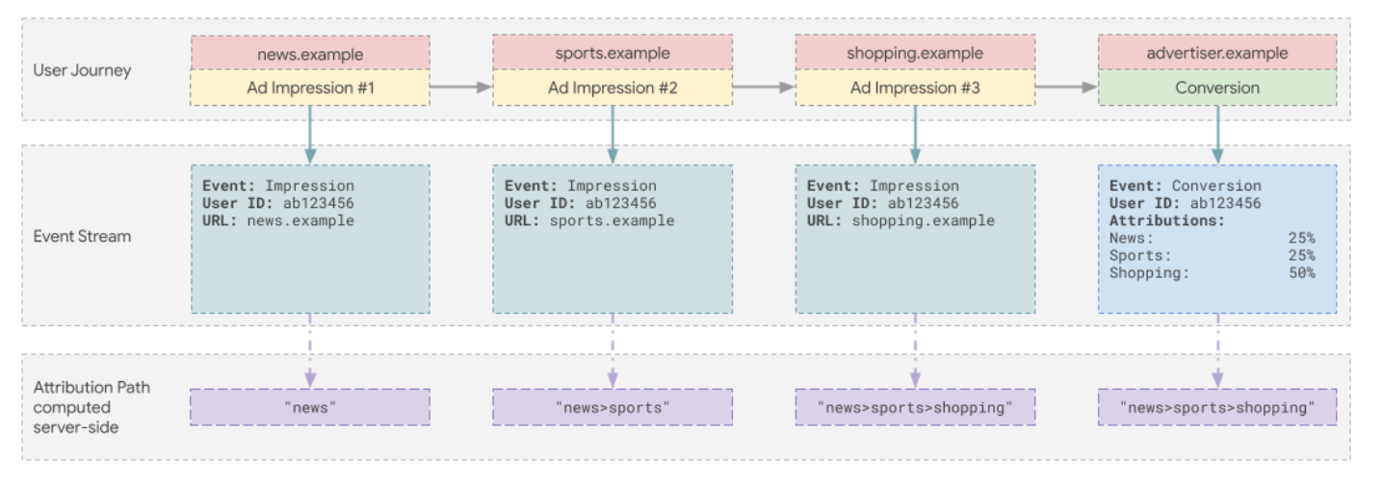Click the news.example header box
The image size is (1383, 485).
[310, 53]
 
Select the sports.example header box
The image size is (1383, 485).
[613, 53]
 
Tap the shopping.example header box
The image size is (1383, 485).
[915, 53]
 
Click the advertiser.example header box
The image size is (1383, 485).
[1217, 53]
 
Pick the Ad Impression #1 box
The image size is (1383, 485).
[310, 88]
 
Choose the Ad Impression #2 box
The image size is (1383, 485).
[613, 88]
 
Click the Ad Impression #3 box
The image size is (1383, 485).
[915, 88]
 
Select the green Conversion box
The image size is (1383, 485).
[1217, 88]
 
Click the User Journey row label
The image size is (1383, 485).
[82, 70]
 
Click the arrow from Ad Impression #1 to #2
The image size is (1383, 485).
[460, 88]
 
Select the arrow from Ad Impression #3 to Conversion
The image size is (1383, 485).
[1066, 88]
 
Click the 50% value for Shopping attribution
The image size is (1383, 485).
[1301, 273]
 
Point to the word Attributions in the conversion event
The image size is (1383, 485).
[1166, 220]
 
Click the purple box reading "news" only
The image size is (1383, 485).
[310, 407]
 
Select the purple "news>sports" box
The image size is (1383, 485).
[613, 407]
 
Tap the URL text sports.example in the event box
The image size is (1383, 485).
[612, 220]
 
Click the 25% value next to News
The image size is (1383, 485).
[1301, 238]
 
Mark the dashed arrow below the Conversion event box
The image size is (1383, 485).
[1217, 350]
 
